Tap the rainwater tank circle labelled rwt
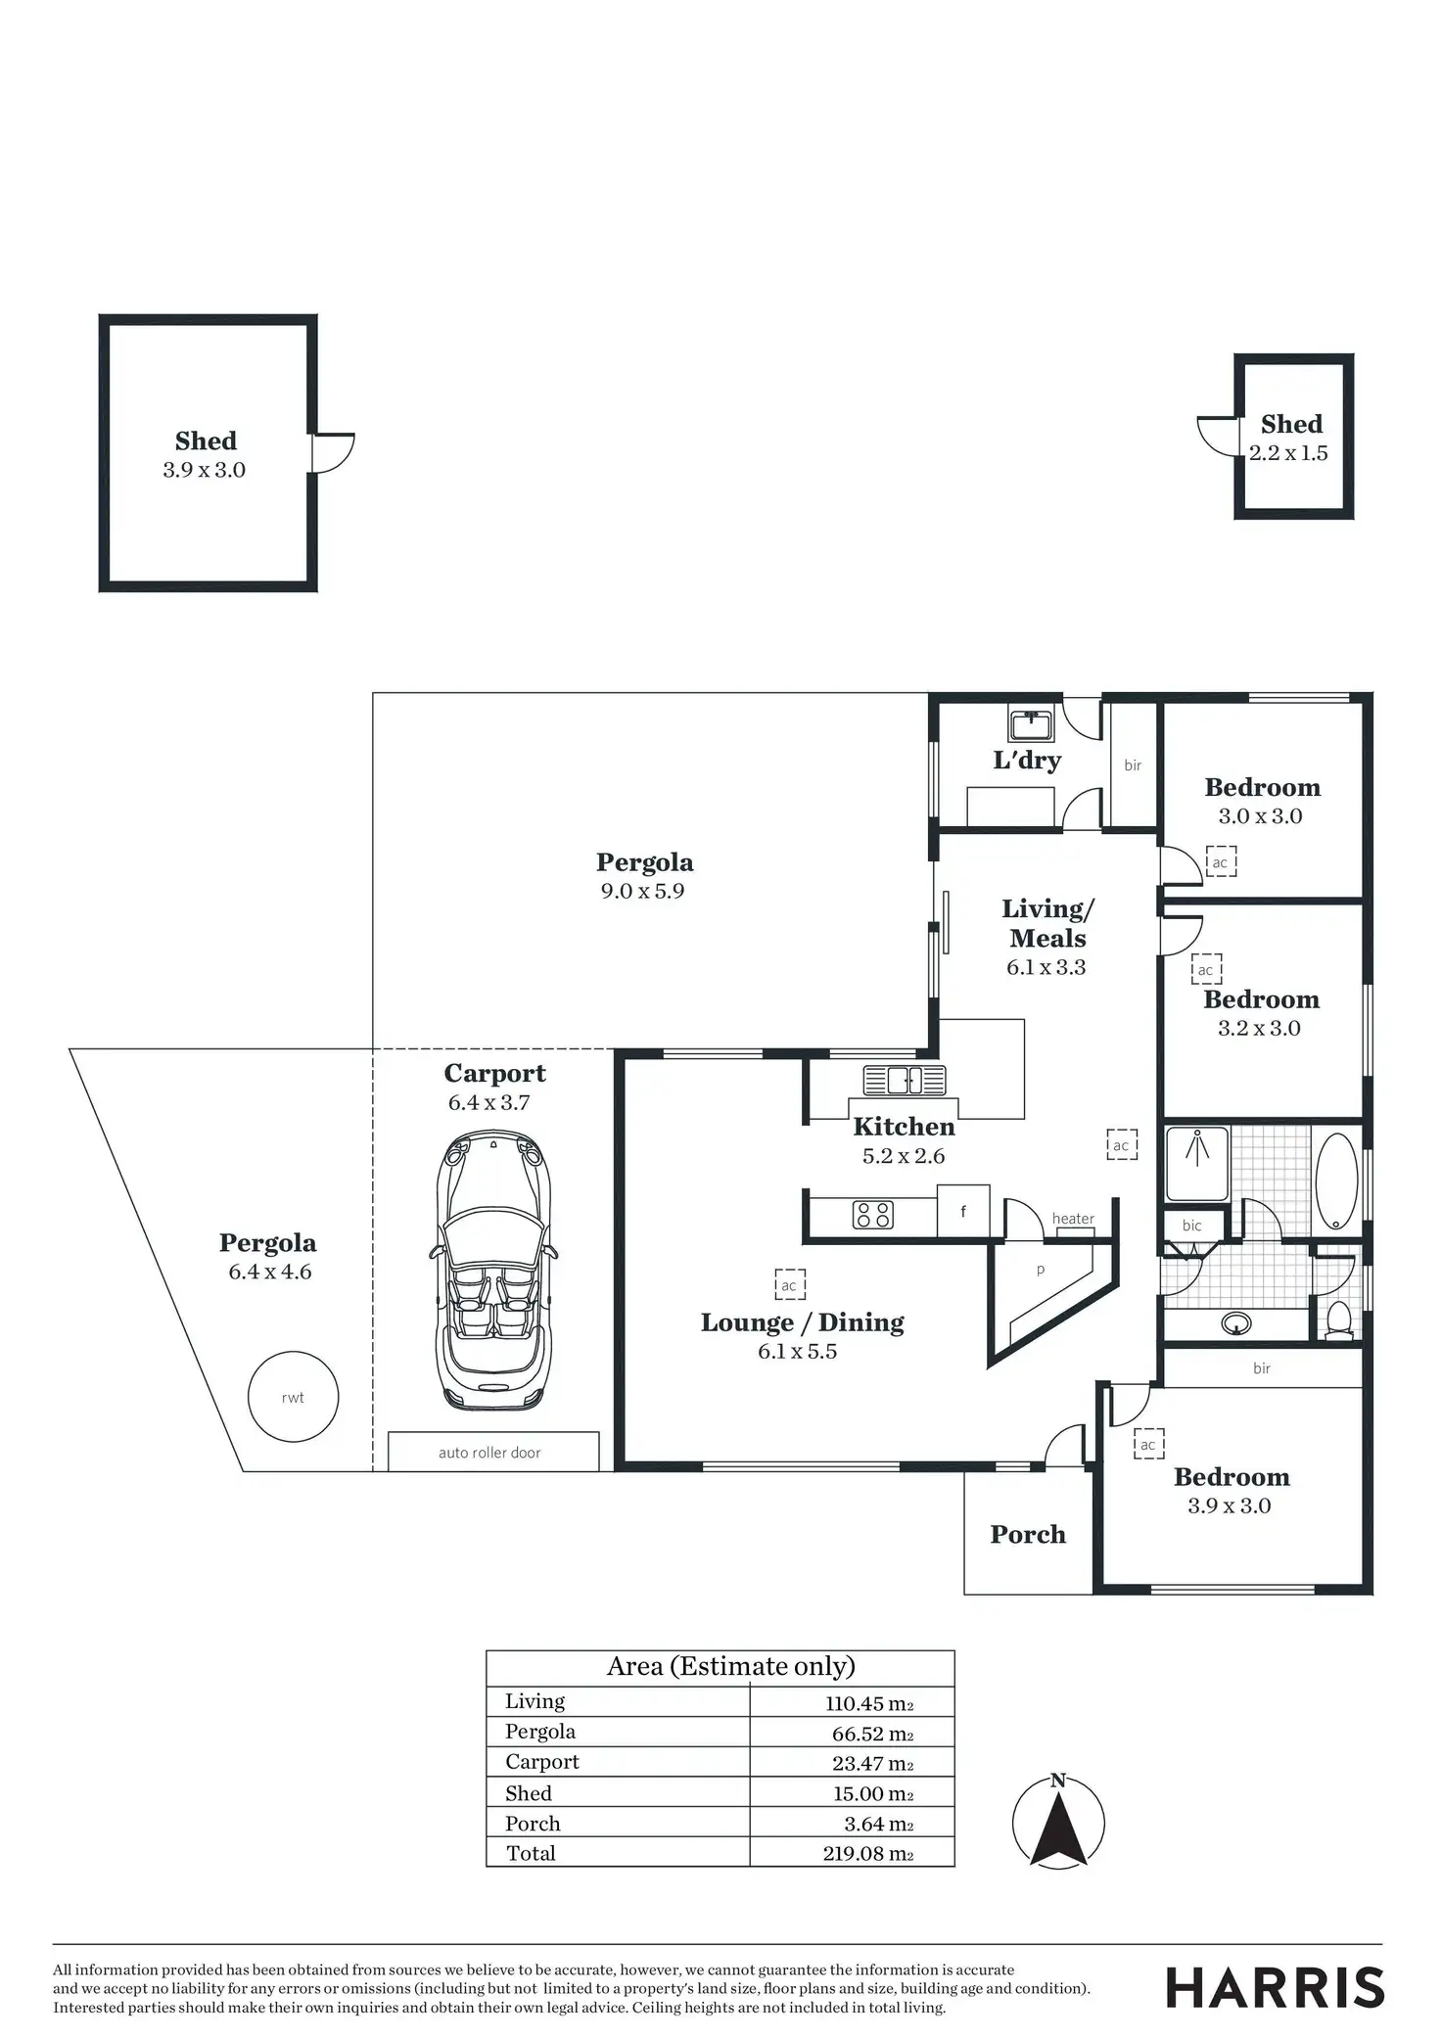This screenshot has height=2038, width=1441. (x=293, y=1397)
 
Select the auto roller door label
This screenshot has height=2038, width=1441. (x=489, y=1453)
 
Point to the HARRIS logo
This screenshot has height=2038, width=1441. (x=1275, y=1989)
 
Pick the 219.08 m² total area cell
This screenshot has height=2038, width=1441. (x=867, y=1853)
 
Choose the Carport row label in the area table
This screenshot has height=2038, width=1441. (x=542, y=1762)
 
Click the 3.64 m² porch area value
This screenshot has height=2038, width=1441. (x=878, y=1824)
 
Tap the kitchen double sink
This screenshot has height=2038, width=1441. (x=904, y=1080)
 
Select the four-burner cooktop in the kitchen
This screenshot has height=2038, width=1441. (x=872, y=1215)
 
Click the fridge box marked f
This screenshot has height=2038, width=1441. (x=963, y=1212)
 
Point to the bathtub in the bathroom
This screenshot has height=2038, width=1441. (x=1336, y=1180)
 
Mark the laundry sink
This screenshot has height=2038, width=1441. (x=1031, y=724)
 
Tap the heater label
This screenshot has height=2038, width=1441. (x=1073, y=1219)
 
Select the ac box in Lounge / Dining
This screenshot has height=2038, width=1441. (x=789, y=1285)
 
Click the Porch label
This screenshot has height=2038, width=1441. (x=1028, y=1534)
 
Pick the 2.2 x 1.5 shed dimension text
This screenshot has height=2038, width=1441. (x=1288, y=453)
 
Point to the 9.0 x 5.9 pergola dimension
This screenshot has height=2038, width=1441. (x=642, y=891)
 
